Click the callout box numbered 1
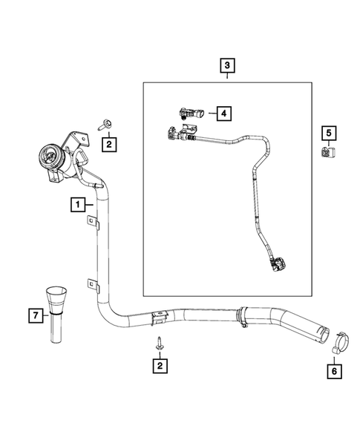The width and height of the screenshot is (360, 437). click(x=77, y=202)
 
